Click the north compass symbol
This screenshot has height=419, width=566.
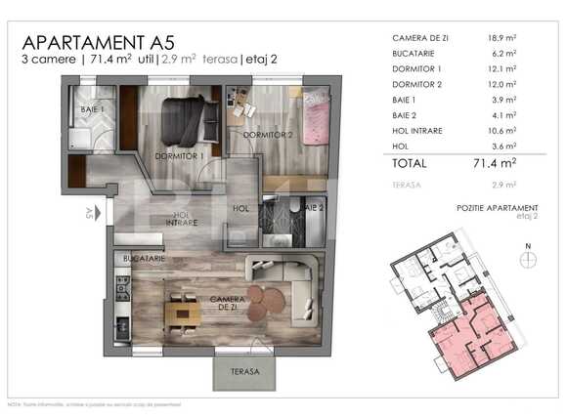(x=528, y=258)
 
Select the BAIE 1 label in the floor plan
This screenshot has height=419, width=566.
(x=94, y=110)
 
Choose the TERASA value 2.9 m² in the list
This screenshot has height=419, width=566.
(x=503, y=184)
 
